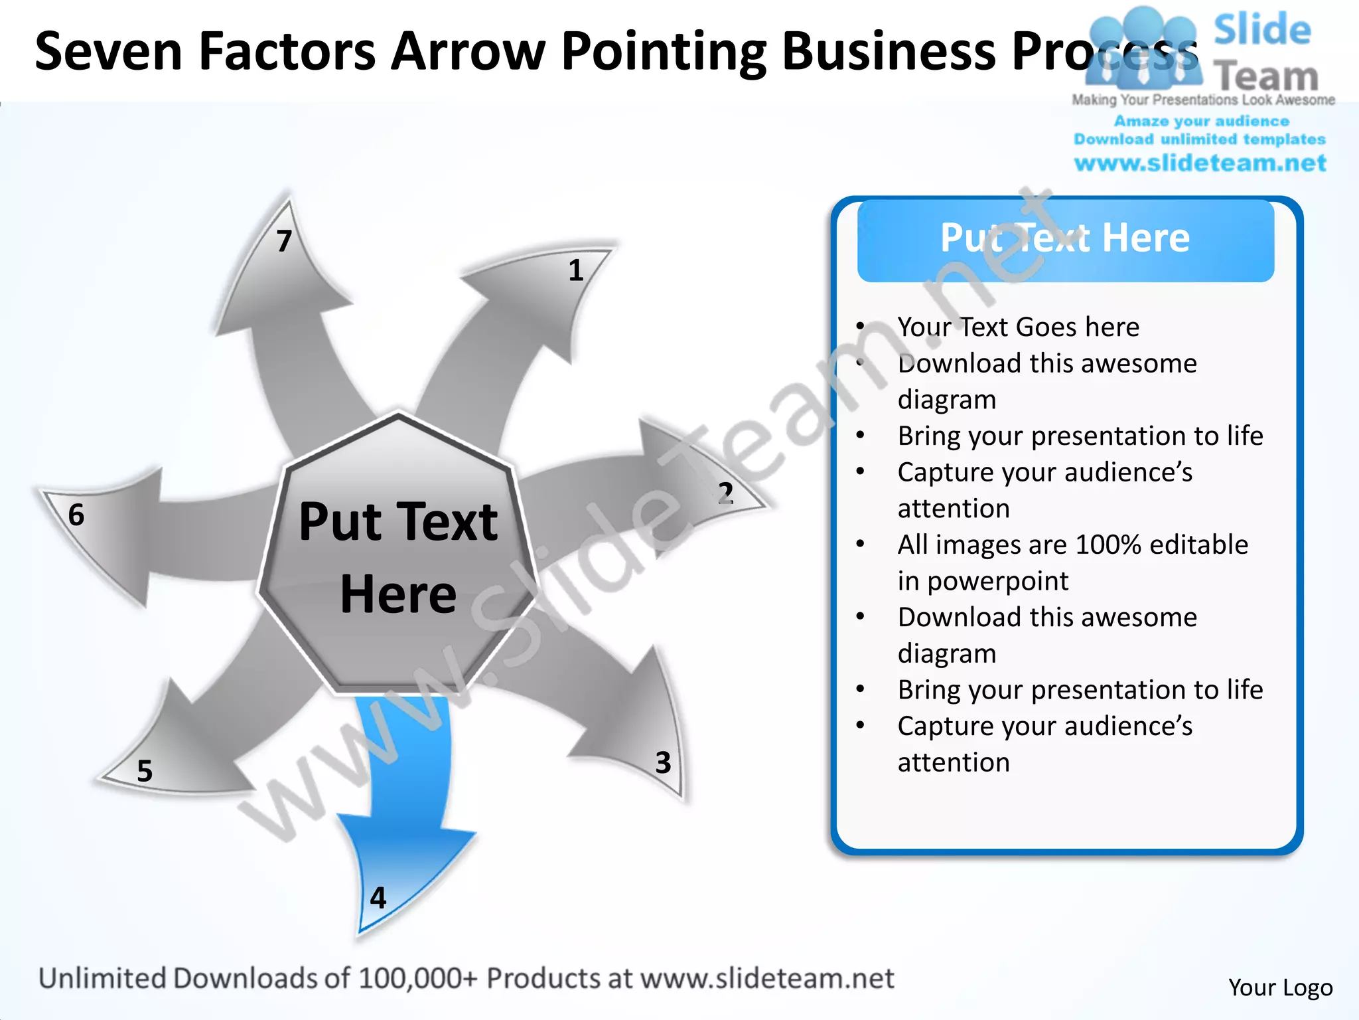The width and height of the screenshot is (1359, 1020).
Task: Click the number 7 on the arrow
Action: (x=284, y=241)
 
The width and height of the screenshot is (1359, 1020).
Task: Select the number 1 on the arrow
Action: (x=576, y=270)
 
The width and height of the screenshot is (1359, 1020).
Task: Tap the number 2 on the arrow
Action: (x=725, y=493)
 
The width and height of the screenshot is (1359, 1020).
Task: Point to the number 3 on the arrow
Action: (x=663, y=762)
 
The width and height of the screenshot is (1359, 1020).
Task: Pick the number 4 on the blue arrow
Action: (x=378, y=898)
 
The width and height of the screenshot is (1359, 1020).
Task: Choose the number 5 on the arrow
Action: (x=145, y=771)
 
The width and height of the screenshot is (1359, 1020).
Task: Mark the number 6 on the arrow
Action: (x=76, y=515)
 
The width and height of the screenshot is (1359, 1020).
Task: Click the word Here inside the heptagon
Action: (x=398, y=594)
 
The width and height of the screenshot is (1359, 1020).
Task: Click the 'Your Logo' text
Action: (x=1280, y=987)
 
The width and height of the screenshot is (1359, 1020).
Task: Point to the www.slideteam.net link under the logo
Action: (x=1200, y=163)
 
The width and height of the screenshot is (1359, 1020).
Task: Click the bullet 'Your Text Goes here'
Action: (x=1018, y=327)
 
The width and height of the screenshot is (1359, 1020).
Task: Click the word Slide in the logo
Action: (x=1262, y=30)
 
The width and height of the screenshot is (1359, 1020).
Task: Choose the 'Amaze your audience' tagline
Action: (x=1201, y=122)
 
